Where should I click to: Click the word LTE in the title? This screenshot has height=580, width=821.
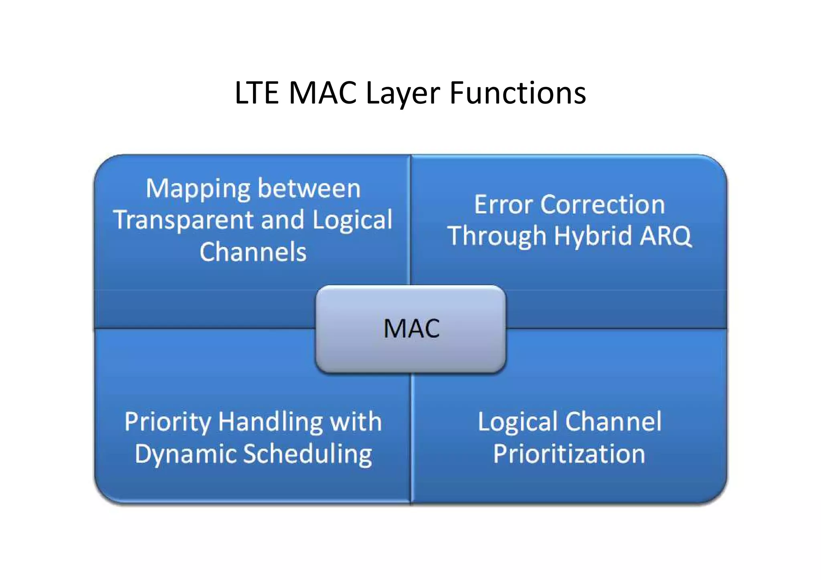257,93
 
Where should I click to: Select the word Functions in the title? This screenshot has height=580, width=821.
518,93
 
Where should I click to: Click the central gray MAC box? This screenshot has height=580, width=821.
411,329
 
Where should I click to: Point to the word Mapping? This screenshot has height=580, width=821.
198,189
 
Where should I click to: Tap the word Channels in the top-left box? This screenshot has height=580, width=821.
253,252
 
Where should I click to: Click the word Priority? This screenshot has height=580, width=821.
168,422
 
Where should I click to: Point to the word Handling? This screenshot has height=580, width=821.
270,422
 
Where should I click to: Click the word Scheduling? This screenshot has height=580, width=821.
308,454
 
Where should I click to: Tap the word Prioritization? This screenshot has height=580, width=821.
569,454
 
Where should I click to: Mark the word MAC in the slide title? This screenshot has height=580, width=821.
323,93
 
